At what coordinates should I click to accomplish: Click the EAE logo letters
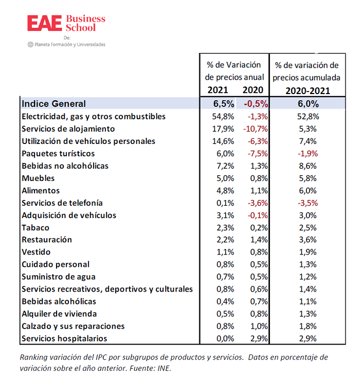pyautogui.click(x=44, y=23)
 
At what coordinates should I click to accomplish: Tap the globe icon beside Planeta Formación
pyautogui.click(x=30, y=44)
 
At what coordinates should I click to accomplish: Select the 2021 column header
pyautogui.click(x=218, y=90)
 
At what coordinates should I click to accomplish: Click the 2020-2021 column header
pyautogui.click(x=308, y=91)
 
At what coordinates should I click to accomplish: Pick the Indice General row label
pyautogui.click(x=53, y=104)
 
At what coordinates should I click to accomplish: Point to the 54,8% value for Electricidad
pyautogui.click(x=223, y=116)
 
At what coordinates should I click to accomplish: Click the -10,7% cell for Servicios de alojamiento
pyautogui.click(x=255, y=129)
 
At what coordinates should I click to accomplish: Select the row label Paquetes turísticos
pyautogui.click(x=58, y=154)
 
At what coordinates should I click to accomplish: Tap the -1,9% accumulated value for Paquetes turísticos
pyautogui.click(x=308, y=154)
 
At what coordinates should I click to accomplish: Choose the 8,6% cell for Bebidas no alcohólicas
pyautogui.click(x=308, y=166)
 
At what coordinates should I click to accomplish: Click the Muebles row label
pyautogui.click(x=38, y=178)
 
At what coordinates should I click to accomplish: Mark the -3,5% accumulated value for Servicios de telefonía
pyautogui.click(x=308, y=203)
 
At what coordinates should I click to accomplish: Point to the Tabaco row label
pyautogui.click(x=35, y=228)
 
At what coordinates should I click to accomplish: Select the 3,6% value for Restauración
pyautogui.click(x=308, y=240)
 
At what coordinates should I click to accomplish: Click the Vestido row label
pyautogui.click(x=36, y=252)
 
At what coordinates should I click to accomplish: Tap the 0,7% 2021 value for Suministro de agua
pyautogui.click(x=225, y=277)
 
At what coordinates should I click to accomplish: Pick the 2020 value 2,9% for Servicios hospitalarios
pyautogui.click(x=259, y=338)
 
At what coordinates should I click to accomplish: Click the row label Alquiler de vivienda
pyautogui.click(x=59, y=314)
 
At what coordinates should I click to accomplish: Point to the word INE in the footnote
pyautogui.click(x=164, y=368)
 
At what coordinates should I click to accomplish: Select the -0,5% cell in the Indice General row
pyautogui.click(x=256, y=104)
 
